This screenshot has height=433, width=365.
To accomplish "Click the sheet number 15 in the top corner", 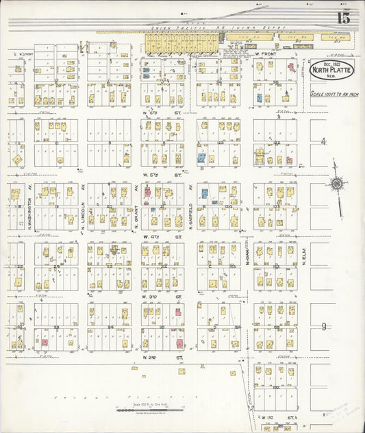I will pos(342,18).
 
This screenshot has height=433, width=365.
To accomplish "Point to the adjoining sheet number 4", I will pos(323,141).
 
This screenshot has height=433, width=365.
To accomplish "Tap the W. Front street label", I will pos(264,53).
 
